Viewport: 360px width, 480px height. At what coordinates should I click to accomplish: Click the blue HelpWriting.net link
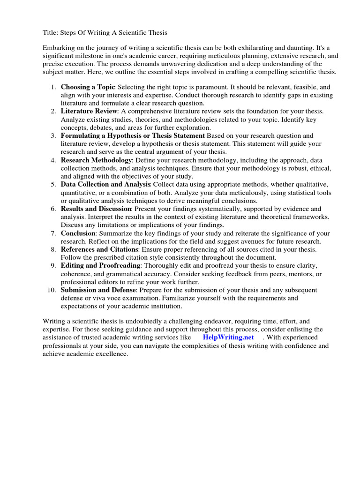point(228,337)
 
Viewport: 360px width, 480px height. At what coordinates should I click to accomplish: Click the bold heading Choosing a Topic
point(88,87)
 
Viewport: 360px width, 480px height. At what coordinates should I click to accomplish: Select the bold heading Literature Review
point(89,111)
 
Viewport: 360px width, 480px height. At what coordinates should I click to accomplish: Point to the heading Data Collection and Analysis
point(105,184)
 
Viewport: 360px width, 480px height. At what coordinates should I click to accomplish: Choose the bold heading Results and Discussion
point(96,209)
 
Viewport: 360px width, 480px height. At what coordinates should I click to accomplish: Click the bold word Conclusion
point(78,233)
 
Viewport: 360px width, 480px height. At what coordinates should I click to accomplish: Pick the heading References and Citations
point(99,249)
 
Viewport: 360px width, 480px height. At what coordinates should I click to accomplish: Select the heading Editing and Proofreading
point(100,265)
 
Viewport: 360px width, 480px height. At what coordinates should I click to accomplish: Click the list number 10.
point(52,290)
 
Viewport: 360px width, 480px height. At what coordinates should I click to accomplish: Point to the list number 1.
point(53,87)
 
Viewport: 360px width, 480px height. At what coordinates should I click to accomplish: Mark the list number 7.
point(53,233)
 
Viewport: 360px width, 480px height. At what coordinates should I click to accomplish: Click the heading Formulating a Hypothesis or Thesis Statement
point(133,135)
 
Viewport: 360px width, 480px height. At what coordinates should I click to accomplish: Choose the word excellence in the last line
point(111,354)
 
